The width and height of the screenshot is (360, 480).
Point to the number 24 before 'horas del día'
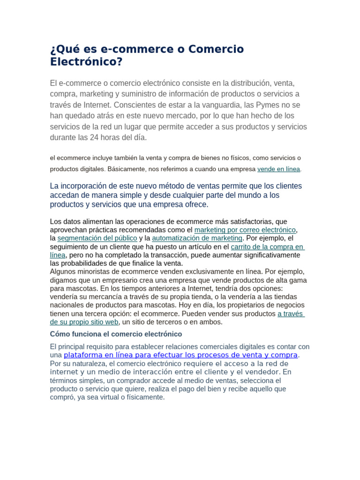click(102, 137)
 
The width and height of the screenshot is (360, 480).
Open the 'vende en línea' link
click(278, 169)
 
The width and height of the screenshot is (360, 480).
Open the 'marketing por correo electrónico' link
click(245, 230)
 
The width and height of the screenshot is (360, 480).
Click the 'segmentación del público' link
click(97, 238)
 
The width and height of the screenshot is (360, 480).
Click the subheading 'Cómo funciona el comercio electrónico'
click(116, 334)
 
